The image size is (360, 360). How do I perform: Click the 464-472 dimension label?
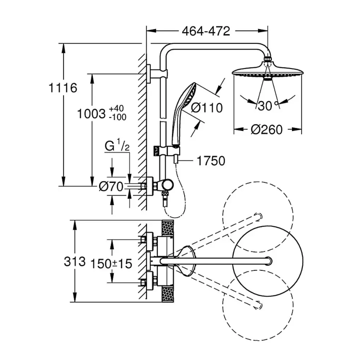pyautogui.click(x=206, y=31)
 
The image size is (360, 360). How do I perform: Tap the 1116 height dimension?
pyautogui.click(x=62, y=87)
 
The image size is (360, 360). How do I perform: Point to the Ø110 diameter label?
pyautogui.click(x=207, y=107)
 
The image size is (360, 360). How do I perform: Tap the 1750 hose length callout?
pyautogui.click(x=210, y=161)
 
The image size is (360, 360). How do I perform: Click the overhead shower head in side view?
pyautogui.click(x=268, y=71)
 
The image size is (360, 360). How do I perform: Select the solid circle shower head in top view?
pyautogui.click(x=268, y=261)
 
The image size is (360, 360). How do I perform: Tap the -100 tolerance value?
pyautogui.click(x=118, y=117)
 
